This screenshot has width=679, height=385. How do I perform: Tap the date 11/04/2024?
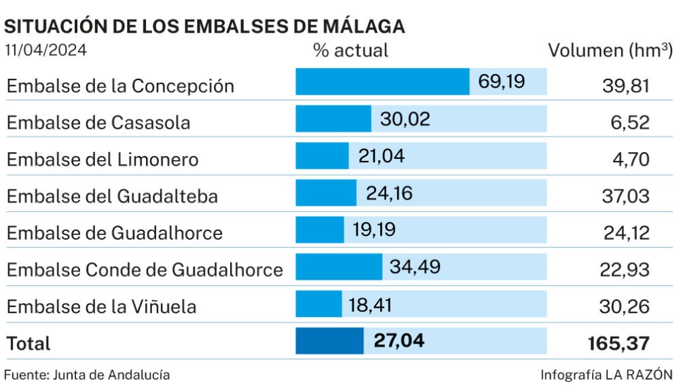point(46,51)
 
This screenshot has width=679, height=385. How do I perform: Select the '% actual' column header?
point(350,50)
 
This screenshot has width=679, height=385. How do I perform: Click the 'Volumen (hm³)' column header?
point(610,50)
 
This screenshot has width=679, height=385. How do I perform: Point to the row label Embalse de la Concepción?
point(120,86)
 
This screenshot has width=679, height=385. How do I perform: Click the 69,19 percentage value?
point(502,82)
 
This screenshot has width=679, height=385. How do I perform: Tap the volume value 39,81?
point(626,86)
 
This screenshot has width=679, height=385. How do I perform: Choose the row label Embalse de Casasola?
point(98,123)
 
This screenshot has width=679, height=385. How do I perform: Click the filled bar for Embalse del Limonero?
point(322,156)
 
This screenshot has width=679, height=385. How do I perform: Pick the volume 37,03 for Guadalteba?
point(626,196)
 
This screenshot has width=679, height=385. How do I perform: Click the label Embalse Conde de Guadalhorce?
point(145,270)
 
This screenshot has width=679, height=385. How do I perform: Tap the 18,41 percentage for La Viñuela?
point(371,303)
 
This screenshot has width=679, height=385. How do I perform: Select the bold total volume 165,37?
point(619,343)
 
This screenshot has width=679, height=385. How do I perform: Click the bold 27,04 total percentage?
point(399,340)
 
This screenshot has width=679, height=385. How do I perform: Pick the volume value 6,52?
point(631,122)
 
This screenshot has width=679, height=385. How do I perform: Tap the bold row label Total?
point(29,344)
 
